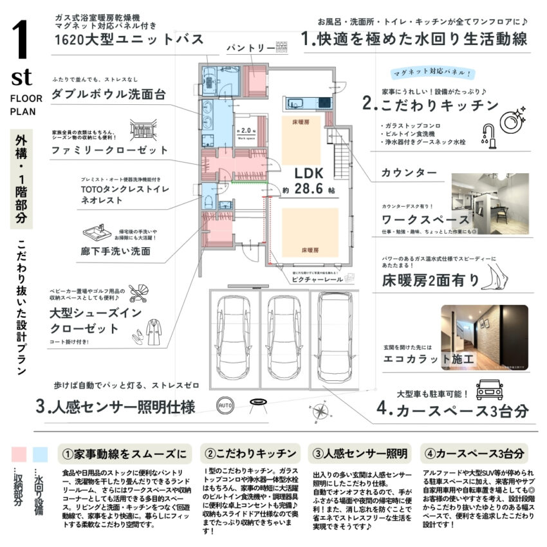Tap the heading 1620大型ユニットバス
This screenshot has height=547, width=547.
[x=129, y=40]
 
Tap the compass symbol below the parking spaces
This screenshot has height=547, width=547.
[x=320, y=407]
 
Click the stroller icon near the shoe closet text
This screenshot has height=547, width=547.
[x=138, y=294]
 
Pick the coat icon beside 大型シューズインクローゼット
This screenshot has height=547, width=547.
[x=154, y=331]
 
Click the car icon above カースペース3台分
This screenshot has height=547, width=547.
[x=489, y=390]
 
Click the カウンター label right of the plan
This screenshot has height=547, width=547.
[x=409, y=172]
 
